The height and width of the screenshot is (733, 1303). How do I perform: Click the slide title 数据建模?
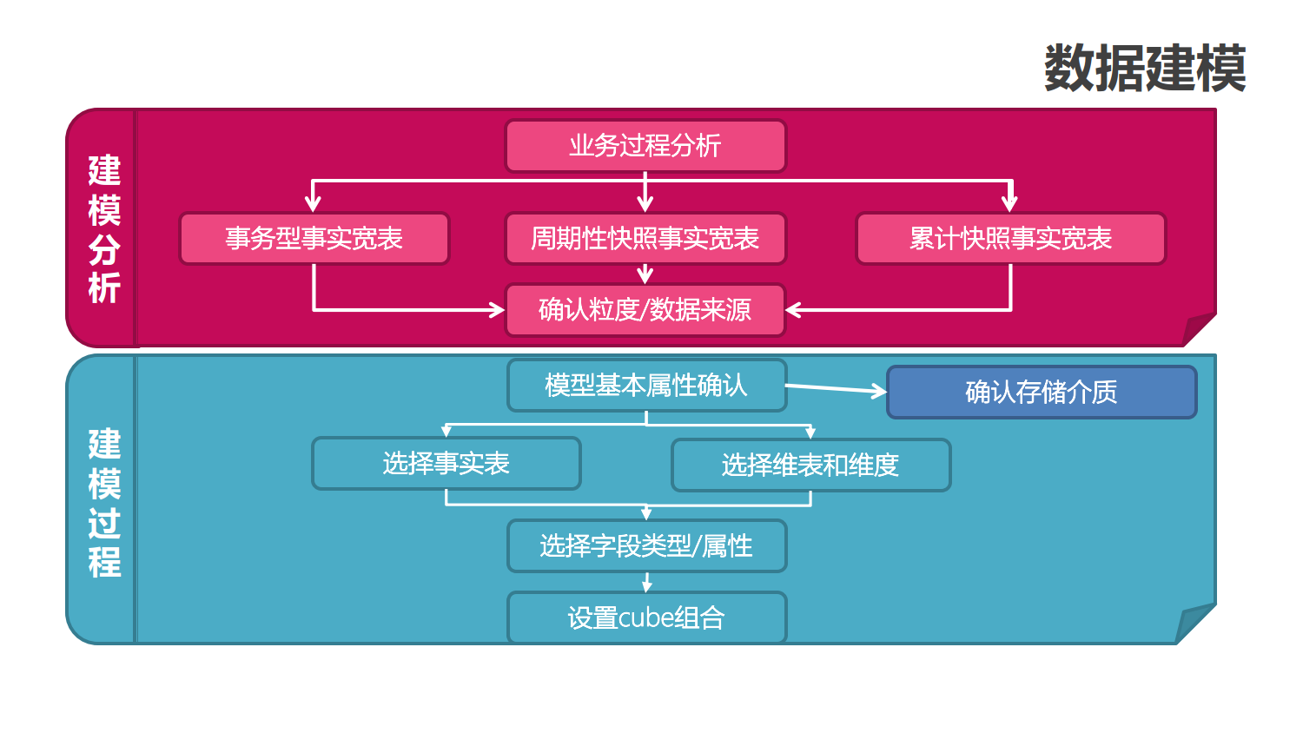pyautogui.click(x=1145, y=69)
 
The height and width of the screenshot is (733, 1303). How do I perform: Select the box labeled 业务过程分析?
pyautogui.click(x=645, y=146)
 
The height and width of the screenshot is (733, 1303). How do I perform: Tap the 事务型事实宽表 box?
pyautogui.click(x=314, y=239)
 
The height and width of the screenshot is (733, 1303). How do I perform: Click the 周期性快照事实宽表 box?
pyautogui.click(x=645, y=239)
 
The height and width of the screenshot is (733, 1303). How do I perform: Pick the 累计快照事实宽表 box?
pyautogui.click(x=1010, y=239)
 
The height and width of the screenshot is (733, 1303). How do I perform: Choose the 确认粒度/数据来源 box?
pyautogui.click(x=645, y=310)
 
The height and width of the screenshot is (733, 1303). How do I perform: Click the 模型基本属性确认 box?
pyautogui.click(x=646, y=386)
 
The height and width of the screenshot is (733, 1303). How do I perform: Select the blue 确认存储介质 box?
pyautogui.click(x=1041, y=393)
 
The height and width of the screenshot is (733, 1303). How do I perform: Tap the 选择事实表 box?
pyautogui.click(x=446, y=464)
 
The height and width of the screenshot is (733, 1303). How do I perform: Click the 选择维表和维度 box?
pyautogui.click(x=810, y=466)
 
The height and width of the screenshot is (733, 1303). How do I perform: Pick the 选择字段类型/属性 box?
pyautogui.click(x=646, y=546)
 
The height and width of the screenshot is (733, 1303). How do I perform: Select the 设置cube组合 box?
pyautogui.click(x=646, y=618)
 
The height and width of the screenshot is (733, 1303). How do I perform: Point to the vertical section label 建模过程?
pyautogui.click(x=104, y=502)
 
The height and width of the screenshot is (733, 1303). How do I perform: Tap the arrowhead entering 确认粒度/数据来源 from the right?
pyautogui.click(x=792, y=310)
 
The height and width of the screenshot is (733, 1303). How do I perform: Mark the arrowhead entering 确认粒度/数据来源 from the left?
pyautogui.click(x=498, y=310)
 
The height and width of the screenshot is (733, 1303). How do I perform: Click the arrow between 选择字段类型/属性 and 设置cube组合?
pyautogui.click(x=646, y=583)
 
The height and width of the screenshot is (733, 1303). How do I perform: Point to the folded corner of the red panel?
pyautogui.click(x=1199, y=329)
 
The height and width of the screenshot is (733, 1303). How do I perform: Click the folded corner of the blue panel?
pyautogui.click(x=1195, y=623)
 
